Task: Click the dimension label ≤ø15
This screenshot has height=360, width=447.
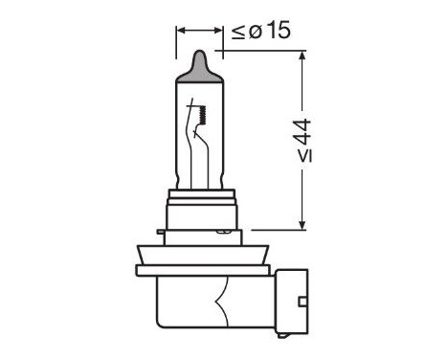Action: tap(260, 31)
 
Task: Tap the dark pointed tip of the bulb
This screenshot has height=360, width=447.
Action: tap(198, 64)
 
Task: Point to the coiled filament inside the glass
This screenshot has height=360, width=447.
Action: tap(204, 117)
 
